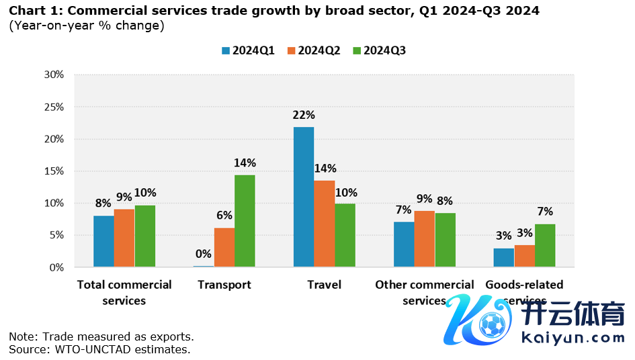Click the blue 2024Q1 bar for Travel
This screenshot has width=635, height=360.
click(x=304, y=197)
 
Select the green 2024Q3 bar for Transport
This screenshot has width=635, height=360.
click(x=245, y=221)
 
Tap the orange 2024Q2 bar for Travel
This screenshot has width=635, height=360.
click(x=325, y=224)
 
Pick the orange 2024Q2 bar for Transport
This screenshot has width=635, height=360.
click(x=224, y=247)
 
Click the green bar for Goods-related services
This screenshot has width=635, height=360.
click(x=544, y=245)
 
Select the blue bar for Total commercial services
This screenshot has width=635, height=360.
click(x=103, y=241)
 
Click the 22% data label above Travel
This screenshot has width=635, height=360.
click(x=304, y=115)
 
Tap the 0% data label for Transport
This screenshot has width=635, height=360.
click(x=204, y=254)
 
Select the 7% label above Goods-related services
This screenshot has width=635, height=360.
click(x=544, y=212)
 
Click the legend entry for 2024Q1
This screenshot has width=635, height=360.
click(x=248, y=50)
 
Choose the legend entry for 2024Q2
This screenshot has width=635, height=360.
click(x=313, y=50)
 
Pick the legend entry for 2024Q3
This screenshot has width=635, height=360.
click(x=379, y=50)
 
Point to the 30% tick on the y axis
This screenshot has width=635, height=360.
click(x=53, y=75)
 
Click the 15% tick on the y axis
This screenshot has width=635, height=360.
click(x=53, y=171)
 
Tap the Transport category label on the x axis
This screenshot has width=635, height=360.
click(x=224, y=285)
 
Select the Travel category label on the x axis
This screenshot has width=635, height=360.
click(x=324, y=285)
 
